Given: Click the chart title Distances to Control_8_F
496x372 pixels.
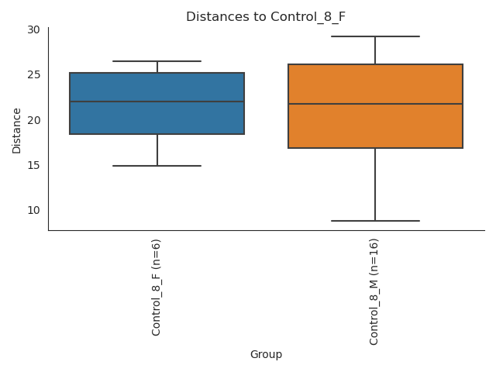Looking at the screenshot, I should (x=266, y=16).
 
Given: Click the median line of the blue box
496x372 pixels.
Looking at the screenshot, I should (x=157, y=102).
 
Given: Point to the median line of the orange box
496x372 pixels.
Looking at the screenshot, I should (x=375, y=104).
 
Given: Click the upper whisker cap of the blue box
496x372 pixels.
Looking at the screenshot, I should (x=157, y=61).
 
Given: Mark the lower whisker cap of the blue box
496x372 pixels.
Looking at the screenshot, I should (x=157, y=166).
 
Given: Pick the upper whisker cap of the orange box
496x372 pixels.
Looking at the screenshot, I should (x=375, y=36).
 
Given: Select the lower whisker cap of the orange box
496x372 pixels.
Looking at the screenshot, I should (x=375, y=221).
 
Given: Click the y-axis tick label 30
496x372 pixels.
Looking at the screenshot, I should (x=33, y=29).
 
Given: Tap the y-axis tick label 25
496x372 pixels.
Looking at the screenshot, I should (x=33, y=75).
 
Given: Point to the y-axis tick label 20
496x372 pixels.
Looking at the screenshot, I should (x=33, y=120).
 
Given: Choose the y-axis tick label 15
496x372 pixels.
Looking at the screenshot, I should (x=33, y=165).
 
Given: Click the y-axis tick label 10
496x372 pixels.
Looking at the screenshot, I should (x=33, y=210).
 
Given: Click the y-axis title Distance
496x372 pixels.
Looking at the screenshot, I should (x=16, y=129).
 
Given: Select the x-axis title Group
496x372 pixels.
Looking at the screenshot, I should (x=266, y=355).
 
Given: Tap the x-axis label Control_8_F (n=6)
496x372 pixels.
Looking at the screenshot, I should (x=157, y=288).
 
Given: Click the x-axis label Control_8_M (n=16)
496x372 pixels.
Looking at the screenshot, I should (x=375, y=291).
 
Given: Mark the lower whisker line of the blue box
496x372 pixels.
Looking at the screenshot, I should (x=157, y=150).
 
